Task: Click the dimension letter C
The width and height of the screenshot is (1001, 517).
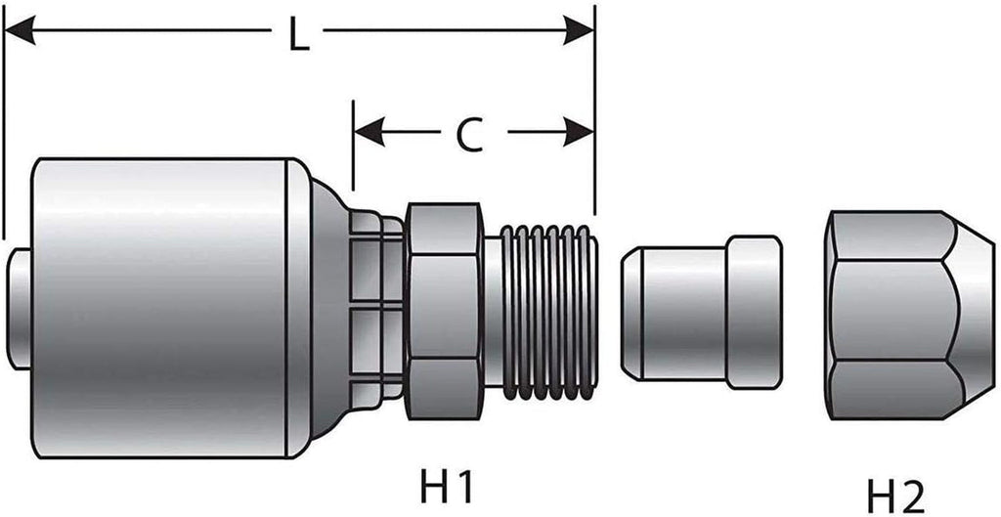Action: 470,135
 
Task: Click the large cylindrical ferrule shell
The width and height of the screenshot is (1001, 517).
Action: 161,308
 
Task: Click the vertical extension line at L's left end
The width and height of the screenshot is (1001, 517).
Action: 5,127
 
